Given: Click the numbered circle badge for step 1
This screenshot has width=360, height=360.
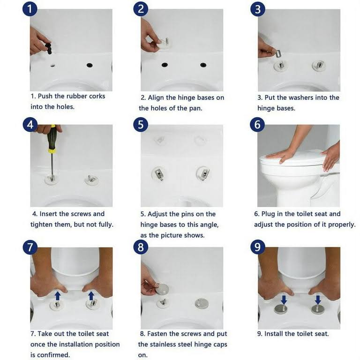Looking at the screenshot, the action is coord(30,9).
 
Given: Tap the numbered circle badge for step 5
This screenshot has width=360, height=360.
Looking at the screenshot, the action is coord(141,125).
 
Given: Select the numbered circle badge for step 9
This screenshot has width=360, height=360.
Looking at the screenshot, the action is coord(258,247).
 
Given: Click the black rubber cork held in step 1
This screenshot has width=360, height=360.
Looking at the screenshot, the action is coord(49,48).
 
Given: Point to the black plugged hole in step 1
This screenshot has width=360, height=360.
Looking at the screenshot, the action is coord(90,65).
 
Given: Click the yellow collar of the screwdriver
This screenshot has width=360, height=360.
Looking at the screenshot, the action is coord(52,150).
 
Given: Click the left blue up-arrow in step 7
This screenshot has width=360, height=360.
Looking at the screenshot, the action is coord(57,296).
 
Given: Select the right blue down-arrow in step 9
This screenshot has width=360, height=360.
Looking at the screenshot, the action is coord(318,300).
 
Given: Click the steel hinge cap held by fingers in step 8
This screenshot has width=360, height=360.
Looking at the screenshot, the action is coord(162,289).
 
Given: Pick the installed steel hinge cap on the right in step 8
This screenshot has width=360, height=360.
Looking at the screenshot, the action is coord(202,303).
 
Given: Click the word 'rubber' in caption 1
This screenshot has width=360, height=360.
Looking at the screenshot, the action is coord(71,96).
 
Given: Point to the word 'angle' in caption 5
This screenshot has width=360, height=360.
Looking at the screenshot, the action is coord(209,225).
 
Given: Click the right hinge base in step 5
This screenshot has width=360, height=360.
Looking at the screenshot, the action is coord(203,173).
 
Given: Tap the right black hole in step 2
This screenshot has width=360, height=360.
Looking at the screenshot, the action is coord(203,65).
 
